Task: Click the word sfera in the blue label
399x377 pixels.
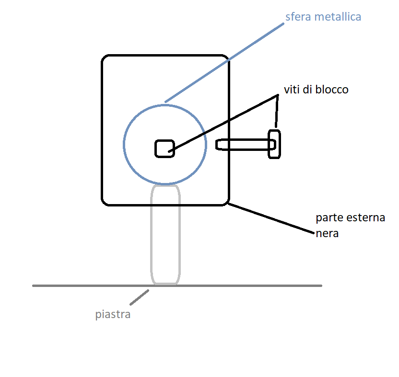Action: click(x=297, y=17)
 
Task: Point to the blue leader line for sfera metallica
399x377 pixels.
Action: click(x=225, y=62)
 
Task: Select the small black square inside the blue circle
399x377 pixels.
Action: click(x=164, y=148)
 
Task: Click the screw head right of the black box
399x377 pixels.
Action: click(x=274, y=144)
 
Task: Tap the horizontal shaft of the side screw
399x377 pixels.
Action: click(x=245, y=144)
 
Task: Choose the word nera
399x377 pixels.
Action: click(x=328, y=234)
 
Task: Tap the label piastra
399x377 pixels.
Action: click(x=113, y=315)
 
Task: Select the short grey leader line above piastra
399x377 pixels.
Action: click(x=139, y=297)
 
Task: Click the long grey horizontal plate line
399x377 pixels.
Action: click(x=240, y=286)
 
